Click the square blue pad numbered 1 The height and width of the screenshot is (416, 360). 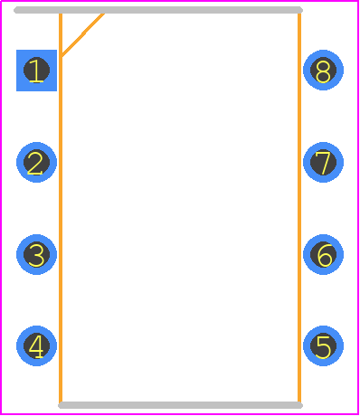click(36, 71)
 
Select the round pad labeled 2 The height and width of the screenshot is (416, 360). click(36, 162)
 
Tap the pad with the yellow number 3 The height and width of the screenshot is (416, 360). click(36, 254)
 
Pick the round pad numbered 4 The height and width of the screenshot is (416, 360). click(36, 345)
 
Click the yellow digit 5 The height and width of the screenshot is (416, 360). click(323, 347)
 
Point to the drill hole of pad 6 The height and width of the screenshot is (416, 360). click(323, 254)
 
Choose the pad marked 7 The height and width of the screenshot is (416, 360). click(323, 162)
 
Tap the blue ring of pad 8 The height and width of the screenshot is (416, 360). click(323, 52)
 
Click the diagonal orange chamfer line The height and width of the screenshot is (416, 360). click(82, 34)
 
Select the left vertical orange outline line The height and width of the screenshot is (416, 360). click(61, 208)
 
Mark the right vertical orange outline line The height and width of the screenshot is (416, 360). click(299, 208)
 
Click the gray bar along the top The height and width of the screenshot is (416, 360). click(158, 10)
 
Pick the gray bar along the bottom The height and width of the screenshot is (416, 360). click(180, 405)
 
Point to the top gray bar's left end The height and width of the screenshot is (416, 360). click(14, 10)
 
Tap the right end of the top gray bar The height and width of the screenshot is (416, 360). click(302, 10)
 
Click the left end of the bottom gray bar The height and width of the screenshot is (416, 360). click(59, 405)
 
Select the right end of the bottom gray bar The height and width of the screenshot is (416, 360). click(302, 405)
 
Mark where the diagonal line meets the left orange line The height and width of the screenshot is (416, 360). click(62, 56)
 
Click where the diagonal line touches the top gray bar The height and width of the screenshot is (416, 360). click(103, 14)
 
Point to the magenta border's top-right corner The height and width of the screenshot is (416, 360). click(358, 1)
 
